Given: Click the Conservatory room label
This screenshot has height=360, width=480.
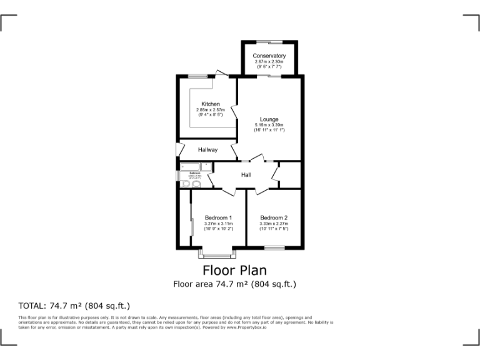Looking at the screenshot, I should coord(269,56).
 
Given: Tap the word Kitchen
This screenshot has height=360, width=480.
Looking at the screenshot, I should coord(210,104).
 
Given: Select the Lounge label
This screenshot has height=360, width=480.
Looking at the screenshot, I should coord(269,119).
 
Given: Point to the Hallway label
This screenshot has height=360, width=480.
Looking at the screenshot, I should coord(207,150).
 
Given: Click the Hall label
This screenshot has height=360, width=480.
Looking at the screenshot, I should coord(246,174).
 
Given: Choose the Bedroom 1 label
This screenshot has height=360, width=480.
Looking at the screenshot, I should coord(217,217).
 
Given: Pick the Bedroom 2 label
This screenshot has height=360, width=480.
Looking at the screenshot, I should coord(274,217).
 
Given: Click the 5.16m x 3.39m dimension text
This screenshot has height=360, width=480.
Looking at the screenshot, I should coord(269,126).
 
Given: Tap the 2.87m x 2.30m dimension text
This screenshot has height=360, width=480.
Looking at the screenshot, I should coord(269,62).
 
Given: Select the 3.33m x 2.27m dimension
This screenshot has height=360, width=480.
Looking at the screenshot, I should coord(274,224).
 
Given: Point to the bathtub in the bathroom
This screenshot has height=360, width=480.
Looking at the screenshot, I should coord(189,166).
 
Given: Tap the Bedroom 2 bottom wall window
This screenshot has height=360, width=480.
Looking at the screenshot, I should coord(274,248).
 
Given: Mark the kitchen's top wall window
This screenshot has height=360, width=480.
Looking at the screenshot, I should coord(198,76).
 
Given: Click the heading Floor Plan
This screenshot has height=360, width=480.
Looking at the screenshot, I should coord(234,271).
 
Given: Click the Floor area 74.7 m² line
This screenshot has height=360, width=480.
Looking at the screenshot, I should coord(234,284).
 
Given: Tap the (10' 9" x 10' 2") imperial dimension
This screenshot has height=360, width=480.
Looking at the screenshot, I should coord(217,229).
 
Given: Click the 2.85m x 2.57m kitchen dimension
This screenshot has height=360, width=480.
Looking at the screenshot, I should coord(210,110).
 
